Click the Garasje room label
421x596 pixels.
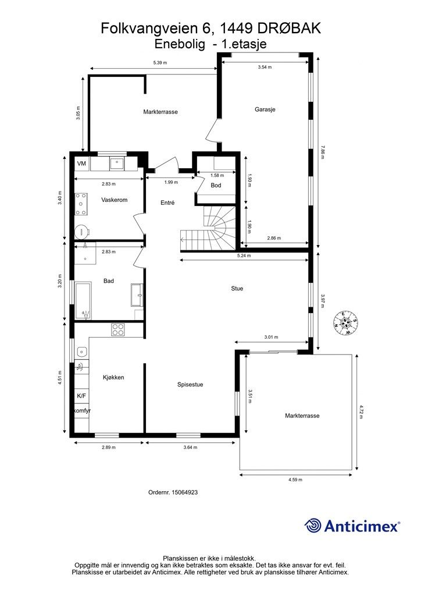(265, 109)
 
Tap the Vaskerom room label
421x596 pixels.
(115, 200)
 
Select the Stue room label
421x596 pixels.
(237, 289)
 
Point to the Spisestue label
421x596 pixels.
(190, 385)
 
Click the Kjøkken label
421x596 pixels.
(113, 377)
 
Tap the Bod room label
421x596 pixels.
(216, 186)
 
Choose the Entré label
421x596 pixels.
(167, 203)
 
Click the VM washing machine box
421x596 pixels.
(81, 164)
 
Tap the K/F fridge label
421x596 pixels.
(81, 396)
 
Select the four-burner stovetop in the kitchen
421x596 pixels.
(119, 329)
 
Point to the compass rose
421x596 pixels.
(345, 323)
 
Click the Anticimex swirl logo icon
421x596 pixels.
(313, 526)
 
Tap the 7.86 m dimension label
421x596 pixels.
(323, 152)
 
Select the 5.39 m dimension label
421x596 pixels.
(160, 63)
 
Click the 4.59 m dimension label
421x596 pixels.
(295, 480)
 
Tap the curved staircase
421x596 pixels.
(208, 228)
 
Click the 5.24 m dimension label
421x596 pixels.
(244, 256)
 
